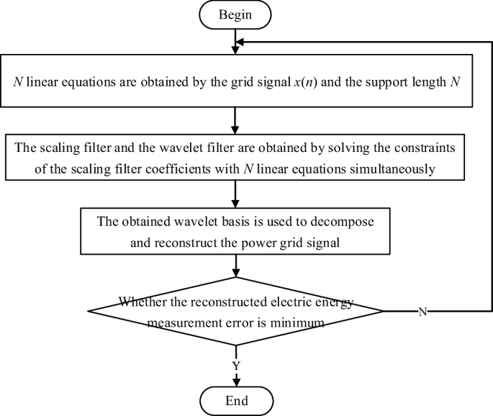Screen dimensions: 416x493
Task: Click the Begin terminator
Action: click(235, 14)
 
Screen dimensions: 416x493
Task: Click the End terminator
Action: click(235, 399)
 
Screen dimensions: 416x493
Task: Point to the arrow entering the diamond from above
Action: click(235, 266)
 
